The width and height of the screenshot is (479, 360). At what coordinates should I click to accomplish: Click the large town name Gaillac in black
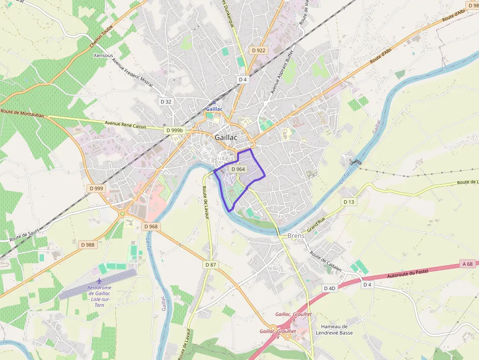(225, 138)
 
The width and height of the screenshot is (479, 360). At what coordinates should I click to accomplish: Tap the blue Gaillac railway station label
(214, 109)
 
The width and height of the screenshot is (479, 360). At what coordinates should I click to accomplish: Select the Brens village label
(296, 235)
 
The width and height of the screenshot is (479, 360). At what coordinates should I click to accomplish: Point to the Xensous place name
(103, 56)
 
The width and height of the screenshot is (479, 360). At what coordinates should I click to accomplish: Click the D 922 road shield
(259, 50)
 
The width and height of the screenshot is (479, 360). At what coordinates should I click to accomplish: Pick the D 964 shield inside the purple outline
(238, 169)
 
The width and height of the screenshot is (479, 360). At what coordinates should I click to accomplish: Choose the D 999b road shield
(174, 130)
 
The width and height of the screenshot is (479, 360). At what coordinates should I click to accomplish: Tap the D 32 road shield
(166, 102)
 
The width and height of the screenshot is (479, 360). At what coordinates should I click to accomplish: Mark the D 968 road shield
(151, 227)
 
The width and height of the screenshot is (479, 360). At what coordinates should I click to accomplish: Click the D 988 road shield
(87, 244)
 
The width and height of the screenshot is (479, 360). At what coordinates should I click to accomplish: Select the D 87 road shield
(210, 265)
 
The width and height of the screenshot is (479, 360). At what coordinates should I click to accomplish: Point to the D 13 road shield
(348, 202)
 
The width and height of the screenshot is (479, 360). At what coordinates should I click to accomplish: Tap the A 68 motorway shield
(467, 264)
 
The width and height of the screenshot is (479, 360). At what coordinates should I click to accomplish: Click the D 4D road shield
(330, 288)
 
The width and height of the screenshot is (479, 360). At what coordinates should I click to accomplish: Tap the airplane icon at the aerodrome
(100, 281)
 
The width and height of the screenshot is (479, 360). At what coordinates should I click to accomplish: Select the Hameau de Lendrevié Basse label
(337, 330)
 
